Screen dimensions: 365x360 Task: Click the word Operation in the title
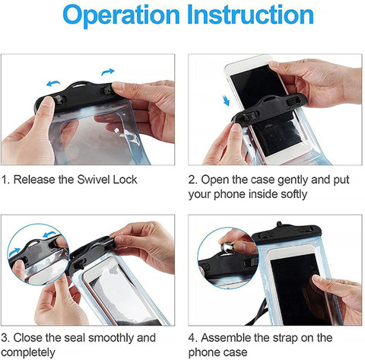(121, 15)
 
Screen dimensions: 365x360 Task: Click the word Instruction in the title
(250, 14)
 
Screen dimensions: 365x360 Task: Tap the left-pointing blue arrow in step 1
(53, 83)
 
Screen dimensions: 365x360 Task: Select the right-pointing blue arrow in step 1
(108, 72)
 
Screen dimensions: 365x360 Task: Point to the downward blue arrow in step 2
(227, 100)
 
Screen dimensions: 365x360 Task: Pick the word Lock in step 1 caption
(125, 180)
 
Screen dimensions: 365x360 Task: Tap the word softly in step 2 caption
(294, 194)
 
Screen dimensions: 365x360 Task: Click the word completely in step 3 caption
(28, 352)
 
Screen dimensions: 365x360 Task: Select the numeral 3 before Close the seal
(4, 338)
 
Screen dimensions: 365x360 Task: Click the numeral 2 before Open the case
(192, 180)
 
